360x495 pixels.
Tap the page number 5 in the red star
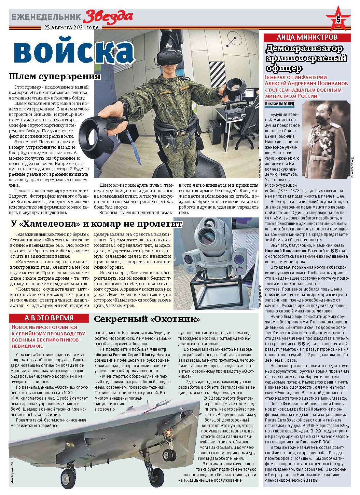(338, 20)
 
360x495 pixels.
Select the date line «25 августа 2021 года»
(71, 28)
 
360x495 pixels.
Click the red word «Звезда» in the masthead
(108, 16)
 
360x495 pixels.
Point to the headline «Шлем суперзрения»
(55, 76)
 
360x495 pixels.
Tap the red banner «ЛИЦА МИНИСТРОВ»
(307, 37)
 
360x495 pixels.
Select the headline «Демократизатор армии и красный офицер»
(306, 58)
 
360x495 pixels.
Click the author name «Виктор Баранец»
(279, 103)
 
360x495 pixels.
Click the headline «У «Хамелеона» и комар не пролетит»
(97, 224)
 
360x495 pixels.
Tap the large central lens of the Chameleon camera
(208, 236)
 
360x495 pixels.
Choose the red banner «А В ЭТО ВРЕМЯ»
(49, 318)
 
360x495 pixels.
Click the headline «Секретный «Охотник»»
(147, 319)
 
